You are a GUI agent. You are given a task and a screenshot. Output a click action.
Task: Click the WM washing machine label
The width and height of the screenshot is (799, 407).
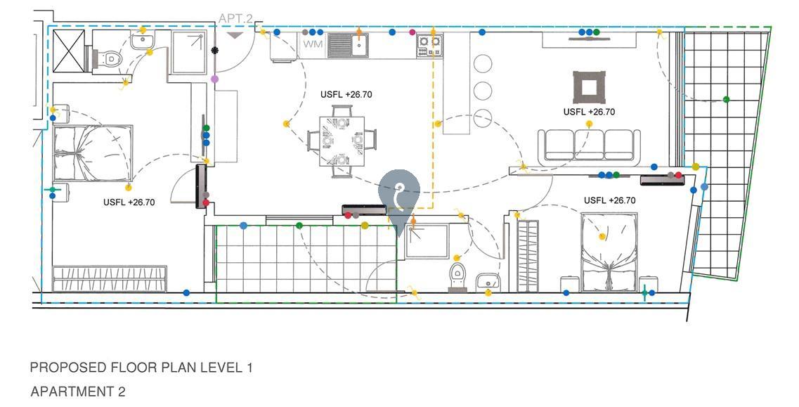(313, 44)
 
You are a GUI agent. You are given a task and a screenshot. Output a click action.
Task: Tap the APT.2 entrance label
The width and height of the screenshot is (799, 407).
(235, 18)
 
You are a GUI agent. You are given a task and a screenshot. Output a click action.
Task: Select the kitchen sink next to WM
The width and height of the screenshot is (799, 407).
(348, 46)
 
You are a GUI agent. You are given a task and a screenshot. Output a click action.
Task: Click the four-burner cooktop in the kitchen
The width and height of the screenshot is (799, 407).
(429, 46)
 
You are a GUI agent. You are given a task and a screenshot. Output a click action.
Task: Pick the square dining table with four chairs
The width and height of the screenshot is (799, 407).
(342, 141)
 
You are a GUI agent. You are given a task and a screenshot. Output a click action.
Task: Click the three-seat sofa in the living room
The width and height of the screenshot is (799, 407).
(589, 146)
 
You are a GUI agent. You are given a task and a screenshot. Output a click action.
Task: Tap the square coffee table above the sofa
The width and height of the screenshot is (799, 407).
(589, 87)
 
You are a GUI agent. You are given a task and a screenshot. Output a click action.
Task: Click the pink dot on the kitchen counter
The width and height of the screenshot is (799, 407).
(413, 32)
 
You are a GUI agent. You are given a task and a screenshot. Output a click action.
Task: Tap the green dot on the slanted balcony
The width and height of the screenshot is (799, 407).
(726, 99)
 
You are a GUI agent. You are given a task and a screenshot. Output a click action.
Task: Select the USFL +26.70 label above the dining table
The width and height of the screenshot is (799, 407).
(346, 94)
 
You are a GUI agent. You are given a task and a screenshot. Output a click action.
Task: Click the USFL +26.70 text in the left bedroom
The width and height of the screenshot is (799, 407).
(129, 202)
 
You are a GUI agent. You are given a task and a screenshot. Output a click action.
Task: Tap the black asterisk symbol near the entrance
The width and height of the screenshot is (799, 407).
(215, 50)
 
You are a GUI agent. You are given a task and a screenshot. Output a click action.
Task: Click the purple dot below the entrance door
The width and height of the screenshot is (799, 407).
(214, 79)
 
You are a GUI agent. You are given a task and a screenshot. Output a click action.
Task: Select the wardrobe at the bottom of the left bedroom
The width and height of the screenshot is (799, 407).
(110, 278)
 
